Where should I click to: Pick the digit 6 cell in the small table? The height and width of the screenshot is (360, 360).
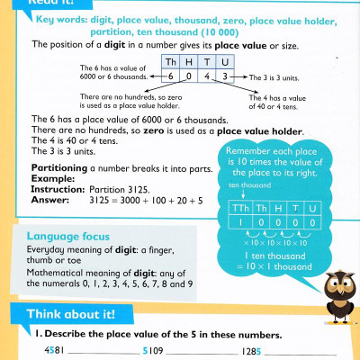[x=171, y=77]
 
